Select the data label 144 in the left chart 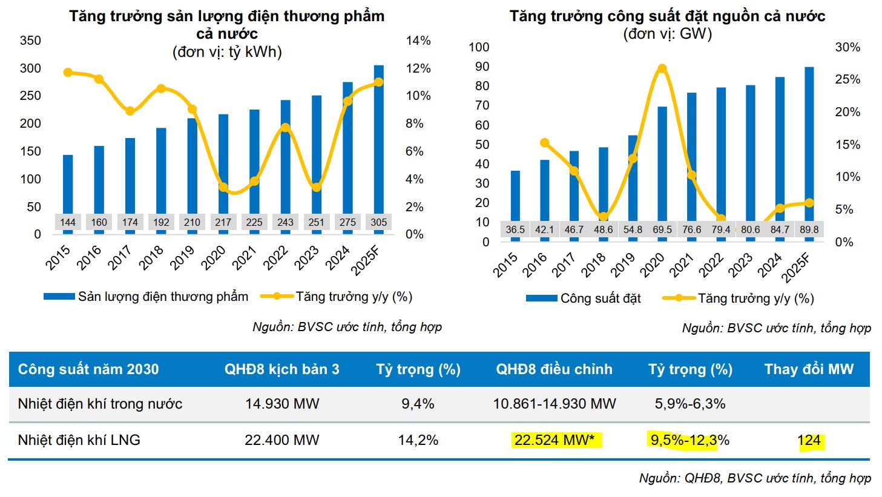(x=68, y=222)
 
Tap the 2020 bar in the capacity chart (x=662, y=163)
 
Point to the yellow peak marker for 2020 (x=662, y=69)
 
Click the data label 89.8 (x=809, y=230)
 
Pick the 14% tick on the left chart (x=418, y=41)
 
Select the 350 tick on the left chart (x=30, y=41)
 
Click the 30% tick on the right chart (x=847, y=47)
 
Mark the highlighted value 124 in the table (x=809, y=440)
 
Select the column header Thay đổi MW (x=809, y=369)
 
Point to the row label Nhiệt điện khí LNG (x=79, y=440)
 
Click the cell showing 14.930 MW (x=282, y=404)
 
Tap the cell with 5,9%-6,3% (x=690, y=404)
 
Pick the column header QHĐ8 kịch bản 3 (x=282, y=369)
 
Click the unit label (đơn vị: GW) (x=667, y=34)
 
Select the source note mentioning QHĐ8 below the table (x=755, y=478)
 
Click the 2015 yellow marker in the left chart (x=68, y=73)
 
